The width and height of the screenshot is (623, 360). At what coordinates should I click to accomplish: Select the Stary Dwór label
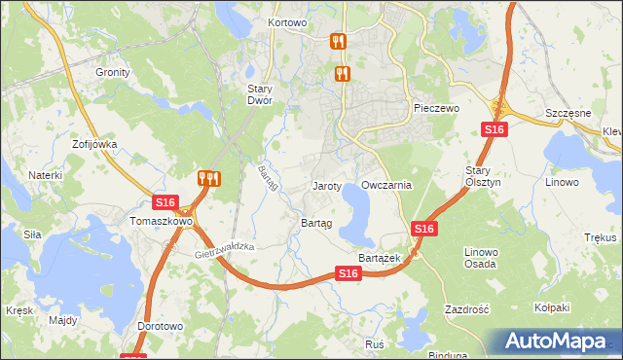pyautogui.click(x=259, y=93)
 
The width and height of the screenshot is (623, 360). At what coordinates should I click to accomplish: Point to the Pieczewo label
pyautogui.click(x=435, y=108)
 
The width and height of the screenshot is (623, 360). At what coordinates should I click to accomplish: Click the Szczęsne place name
pyautogui.click(x=568, y=113)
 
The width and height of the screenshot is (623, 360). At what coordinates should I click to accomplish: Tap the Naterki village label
pyautogui.click(x=45, y=175)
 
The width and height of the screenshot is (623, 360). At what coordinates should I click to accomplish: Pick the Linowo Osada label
pyautogui.click(x=481, y=258)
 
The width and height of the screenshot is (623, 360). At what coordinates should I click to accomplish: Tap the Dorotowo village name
pyautogui.click(x=161, y=326)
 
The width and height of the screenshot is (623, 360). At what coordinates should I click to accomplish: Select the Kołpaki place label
pyautogui.click(x=551, y=307)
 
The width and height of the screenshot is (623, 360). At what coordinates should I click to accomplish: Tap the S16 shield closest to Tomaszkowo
pyautogui.click(x=165, y=202)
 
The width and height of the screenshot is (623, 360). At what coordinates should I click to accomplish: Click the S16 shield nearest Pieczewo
pyautogui.click(x=495, y=129)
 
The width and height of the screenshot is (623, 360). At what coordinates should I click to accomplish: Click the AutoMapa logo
pyautogui.click(x=559, y=342)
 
